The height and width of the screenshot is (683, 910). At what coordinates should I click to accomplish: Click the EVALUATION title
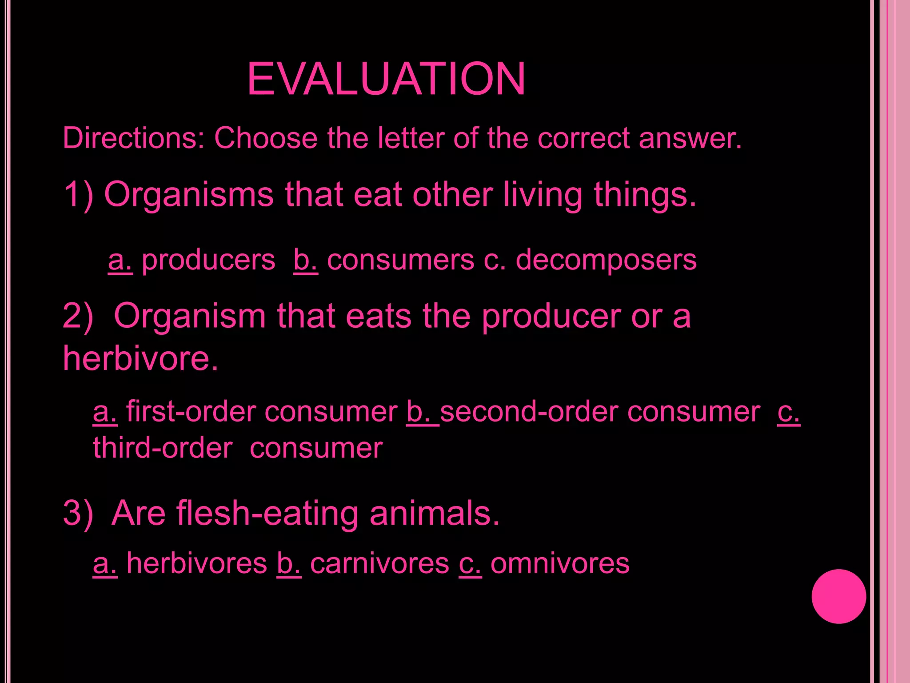point(386,79)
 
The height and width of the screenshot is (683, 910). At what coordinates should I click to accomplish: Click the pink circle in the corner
point(838,596)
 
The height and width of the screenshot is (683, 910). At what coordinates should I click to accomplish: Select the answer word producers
point(208,260)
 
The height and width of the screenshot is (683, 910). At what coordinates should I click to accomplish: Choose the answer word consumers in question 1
point(400,260)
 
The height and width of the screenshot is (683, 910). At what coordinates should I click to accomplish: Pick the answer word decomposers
point(606,260)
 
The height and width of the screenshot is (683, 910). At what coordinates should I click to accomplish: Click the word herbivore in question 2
point(140,358)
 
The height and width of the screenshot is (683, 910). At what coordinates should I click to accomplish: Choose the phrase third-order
point(163,448)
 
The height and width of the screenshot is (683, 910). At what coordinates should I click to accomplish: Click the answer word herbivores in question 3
point(196,563)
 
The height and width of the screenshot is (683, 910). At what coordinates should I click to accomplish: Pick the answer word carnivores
point(379,563)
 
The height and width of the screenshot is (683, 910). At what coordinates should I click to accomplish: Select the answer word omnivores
point(560,563)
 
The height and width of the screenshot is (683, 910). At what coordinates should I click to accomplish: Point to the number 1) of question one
point(78,195)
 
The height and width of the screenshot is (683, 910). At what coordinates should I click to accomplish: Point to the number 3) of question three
point(78,513)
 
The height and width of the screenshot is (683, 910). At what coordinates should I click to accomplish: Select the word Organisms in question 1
point(188,195)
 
